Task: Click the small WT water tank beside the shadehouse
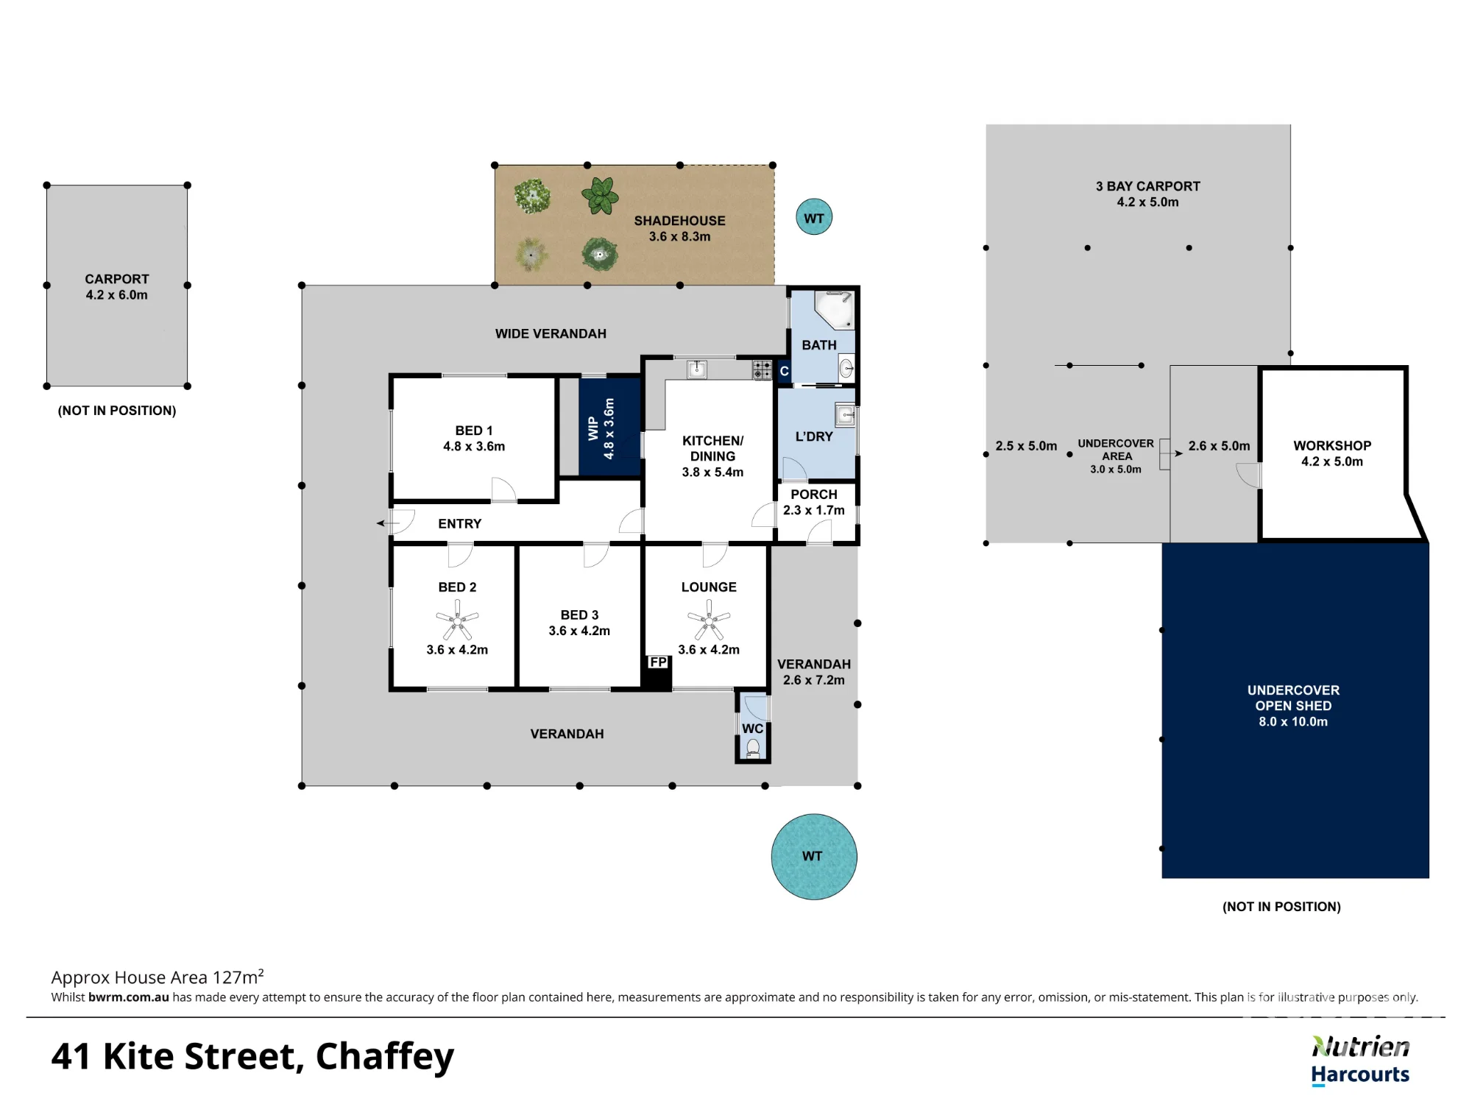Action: coord(814,217)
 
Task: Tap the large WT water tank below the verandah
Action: coord(814,857)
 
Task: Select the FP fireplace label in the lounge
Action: coord(658,662)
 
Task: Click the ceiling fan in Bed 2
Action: coord(457,620)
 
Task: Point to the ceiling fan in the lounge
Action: coord(709,620)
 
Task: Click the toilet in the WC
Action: coord(753,749)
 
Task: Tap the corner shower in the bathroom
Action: coord(834,310)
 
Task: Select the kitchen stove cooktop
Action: coord(762,369)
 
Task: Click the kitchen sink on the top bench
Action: coord(696,369)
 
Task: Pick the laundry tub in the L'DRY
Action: coord(845,415)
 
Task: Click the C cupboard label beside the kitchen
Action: coord(785,372)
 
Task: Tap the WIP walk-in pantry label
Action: coord(592,428)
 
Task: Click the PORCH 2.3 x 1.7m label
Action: coord(814,502)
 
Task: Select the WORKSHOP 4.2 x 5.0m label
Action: coord(1332,453)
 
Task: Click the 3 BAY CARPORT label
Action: coord(1147,186)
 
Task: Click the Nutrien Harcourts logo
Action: coord(1360,1061)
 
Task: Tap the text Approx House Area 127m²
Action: coord(158,977)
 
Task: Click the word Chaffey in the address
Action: coord(385,1058)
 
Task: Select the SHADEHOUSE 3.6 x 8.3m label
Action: coord(679,228)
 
